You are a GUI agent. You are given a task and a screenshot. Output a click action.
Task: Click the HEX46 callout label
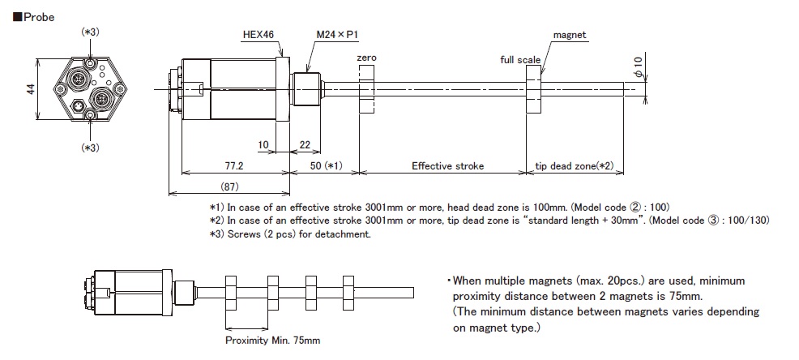258,35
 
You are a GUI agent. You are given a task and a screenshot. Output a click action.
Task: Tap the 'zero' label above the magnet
367,58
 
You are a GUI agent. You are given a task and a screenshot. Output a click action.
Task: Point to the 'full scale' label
520,60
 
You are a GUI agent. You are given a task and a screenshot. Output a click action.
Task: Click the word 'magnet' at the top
570,35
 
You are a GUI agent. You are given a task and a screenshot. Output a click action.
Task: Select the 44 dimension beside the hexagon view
31,88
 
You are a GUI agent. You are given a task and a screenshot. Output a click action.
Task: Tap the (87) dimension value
229,186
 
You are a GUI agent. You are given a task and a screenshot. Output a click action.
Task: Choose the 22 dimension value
305,145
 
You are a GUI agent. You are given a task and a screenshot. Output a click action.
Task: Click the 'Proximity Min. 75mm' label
272,340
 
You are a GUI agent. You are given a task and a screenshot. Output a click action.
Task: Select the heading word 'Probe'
38,17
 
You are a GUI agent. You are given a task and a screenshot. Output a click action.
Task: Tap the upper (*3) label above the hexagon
90,32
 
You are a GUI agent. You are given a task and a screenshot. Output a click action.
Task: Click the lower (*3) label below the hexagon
90,148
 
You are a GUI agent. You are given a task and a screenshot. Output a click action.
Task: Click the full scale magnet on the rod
532,89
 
